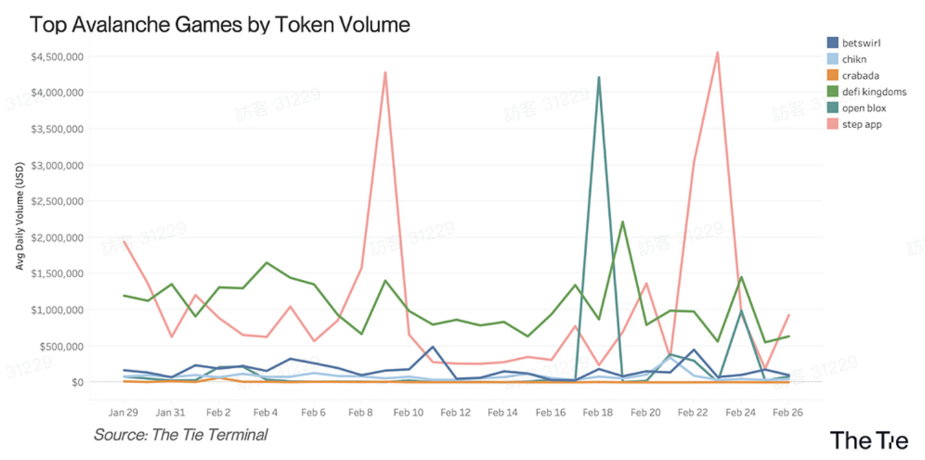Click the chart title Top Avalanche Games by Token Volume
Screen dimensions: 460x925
pos(220,25)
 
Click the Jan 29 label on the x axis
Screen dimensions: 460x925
pos(123,413)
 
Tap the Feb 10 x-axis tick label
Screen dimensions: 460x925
pos(408,413)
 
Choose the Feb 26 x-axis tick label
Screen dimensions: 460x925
pos(788,413)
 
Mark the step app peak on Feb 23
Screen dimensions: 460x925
pos(717,53)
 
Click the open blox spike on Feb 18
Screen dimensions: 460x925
pos(599,77)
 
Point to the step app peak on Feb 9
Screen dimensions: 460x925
pos(385,73)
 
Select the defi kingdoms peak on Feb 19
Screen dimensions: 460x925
pos(623,221)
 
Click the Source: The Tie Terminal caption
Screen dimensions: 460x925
pos(180,435)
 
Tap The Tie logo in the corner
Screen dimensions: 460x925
pos(868,440)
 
